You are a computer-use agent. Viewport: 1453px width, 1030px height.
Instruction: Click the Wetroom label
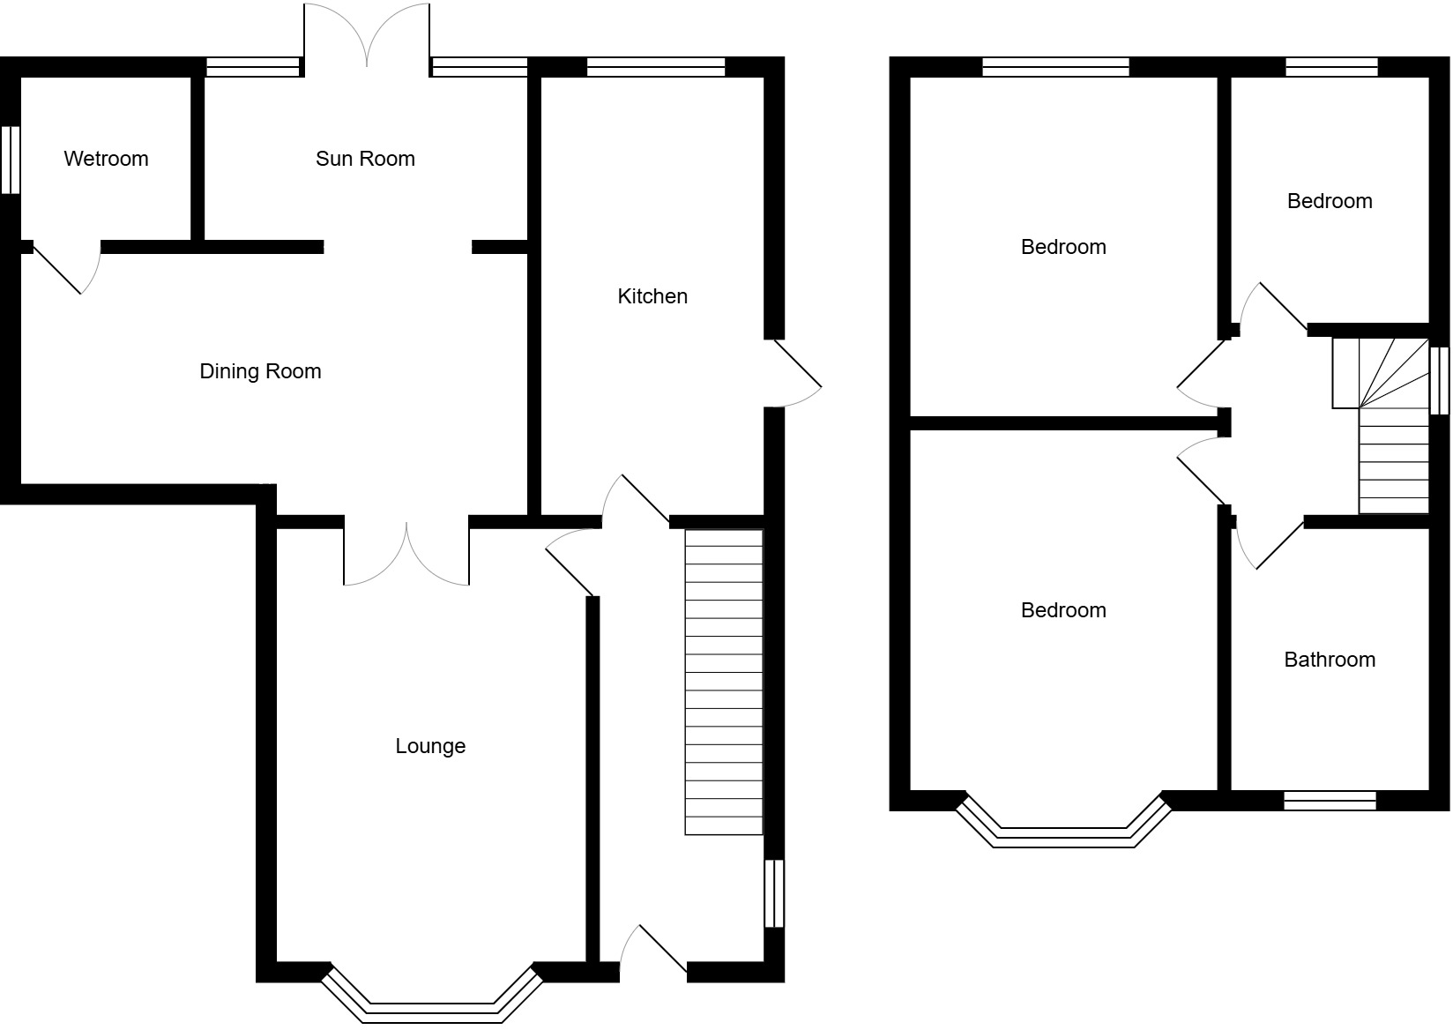click(x=106, y=159)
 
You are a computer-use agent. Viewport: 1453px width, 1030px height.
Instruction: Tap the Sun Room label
click(x=365, y=159)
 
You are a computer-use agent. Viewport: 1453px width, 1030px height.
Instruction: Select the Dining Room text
click(x=260, y=371)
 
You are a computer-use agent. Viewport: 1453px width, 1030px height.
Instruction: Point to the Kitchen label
click(x=652, y=296)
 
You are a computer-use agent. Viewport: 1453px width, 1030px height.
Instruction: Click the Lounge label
click(x=430, y=746)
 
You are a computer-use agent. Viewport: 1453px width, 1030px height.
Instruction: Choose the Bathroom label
click(x=1330, y=660)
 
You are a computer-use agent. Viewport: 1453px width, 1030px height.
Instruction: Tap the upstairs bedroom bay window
click(x=1064, y=833)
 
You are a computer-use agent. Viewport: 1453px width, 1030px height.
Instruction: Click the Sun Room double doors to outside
click(x=367, y=35)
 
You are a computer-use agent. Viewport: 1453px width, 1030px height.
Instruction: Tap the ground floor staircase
click(x=724, y=682)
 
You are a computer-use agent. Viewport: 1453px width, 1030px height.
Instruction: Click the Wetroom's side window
click(x=10, y=160)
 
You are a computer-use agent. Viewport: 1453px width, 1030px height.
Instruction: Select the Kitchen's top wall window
click(x=655, y=67)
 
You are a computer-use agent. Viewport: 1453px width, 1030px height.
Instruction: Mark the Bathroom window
click(x=1330, y=801)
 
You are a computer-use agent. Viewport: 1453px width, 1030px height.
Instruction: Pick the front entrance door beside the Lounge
click(x=653, y=952)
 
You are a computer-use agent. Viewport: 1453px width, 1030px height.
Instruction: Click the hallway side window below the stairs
click(x=773, y=893)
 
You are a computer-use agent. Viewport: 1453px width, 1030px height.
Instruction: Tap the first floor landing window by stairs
click(x=1439, y=380)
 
